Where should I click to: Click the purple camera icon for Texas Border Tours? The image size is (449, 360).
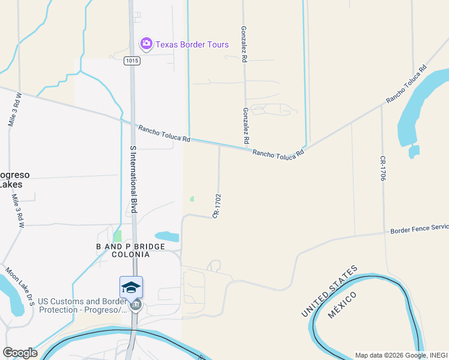(x=146, y=44)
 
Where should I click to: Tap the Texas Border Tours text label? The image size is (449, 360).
(x=192, y=44)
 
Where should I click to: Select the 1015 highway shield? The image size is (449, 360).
(x=133, y=61)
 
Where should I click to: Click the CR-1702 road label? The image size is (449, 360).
(x=217, y=206)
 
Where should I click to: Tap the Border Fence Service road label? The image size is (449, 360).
(x=419, y=229)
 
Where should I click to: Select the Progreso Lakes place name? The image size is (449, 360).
(x=13, y=179)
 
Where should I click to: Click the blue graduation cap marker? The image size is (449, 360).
(x=131, y=287)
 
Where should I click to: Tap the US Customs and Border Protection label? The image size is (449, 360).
(x=82, y=306)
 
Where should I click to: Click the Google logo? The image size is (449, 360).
(x=20, y=353)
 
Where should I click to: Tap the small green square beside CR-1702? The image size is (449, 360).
(x=191, y=199)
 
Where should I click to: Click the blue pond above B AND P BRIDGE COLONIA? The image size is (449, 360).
(x=167, y=236)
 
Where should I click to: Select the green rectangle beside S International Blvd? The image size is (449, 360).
(x=118, y=236)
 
